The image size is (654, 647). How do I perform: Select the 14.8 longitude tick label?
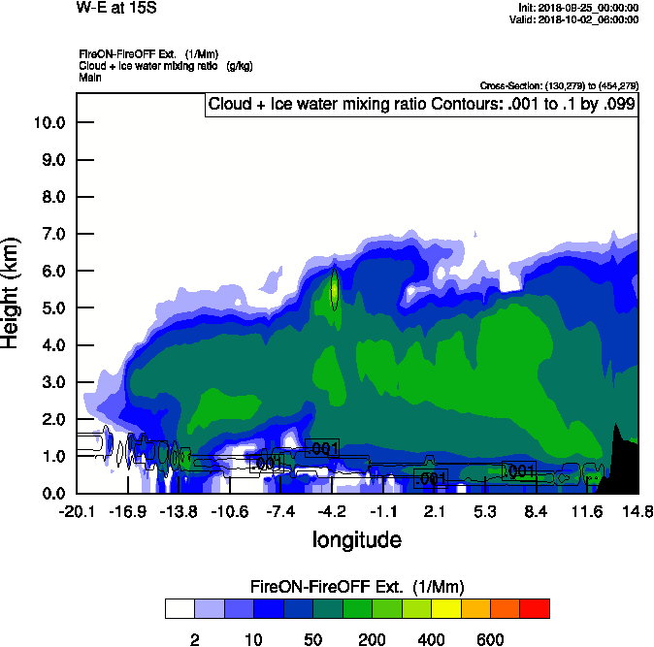(638, 511)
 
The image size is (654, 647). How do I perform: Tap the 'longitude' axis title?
(356, 538)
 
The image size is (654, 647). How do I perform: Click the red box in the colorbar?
(534, 609)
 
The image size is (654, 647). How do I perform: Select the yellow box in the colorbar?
(445, 609)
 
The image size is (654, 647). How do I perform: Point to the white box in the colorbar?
(180, 609)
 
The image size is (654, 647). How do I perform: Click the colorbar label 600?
(489, 638)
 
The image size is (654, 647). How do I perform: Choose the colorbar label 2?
(194, 638)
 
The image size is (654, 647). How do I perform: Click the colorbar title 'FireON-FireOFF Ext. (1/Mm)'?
(357, 587)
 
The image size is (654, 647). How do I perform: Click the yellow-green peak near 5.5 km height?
(334, 287)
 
